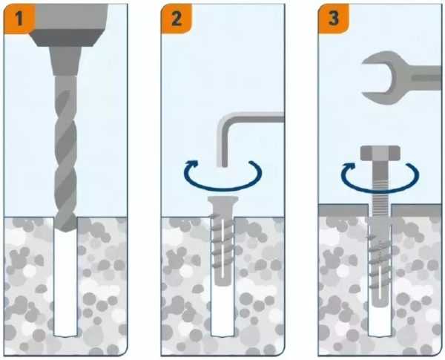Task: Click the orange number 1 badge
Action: pyautogui.click(x=19, y=19)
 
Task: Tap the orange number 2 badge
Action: pyautogui.click(x=177, y=19)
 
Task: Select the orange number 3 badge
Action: pyautogui.click(x=334, y=19)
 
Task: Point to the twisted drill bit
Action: pyautogui.click(x=65, y=154)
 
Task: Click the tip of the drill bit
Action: pyautogui.click(x=65, y=232)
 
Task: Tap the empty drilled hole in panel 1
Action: pyautogui.click(x=65, y=284)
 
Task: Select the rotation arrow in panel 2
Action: pyautogui.click(x=222, y=188)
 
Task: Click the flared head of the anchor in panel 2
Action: pyautogui.click(x=222, y=203)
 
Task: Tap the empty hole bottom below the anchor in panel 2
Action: pyautogui.click(x=222, y=311)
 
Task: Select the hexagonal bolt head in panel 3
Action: pyautogui.click(x=380, y=153)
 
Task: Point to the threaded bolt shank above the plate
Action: pyautogui.click(x=380, y=183)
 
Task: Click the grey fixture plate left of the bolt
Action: pyautogui.click(x=343, y=210)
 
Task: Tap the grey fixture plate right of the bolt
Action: pyautogui.click(x=416, y=210)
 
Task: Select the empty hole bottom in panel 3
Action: pyautogui.click(x=380, y=322)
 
